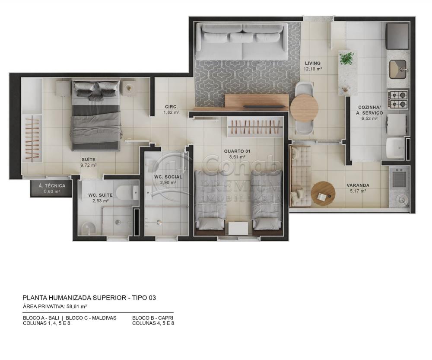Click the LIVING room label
[312, 63]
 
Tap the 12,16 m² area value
[313, 69]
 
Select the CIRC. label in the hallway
[171, 107]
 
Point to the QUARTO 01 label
[237, 151]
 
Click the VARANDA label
[358, 185]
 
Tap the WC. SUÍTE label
[100, 195]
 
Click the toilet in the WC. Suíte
[128, 191]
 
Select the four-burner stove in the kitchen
[398, 99]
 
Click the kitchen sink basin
[398, 68]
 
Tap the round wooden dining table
[304, 108]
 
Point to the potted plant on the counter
[346, 58]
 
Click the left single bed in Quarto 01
[210, 199]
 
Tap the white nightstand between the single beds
[238, 228]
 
